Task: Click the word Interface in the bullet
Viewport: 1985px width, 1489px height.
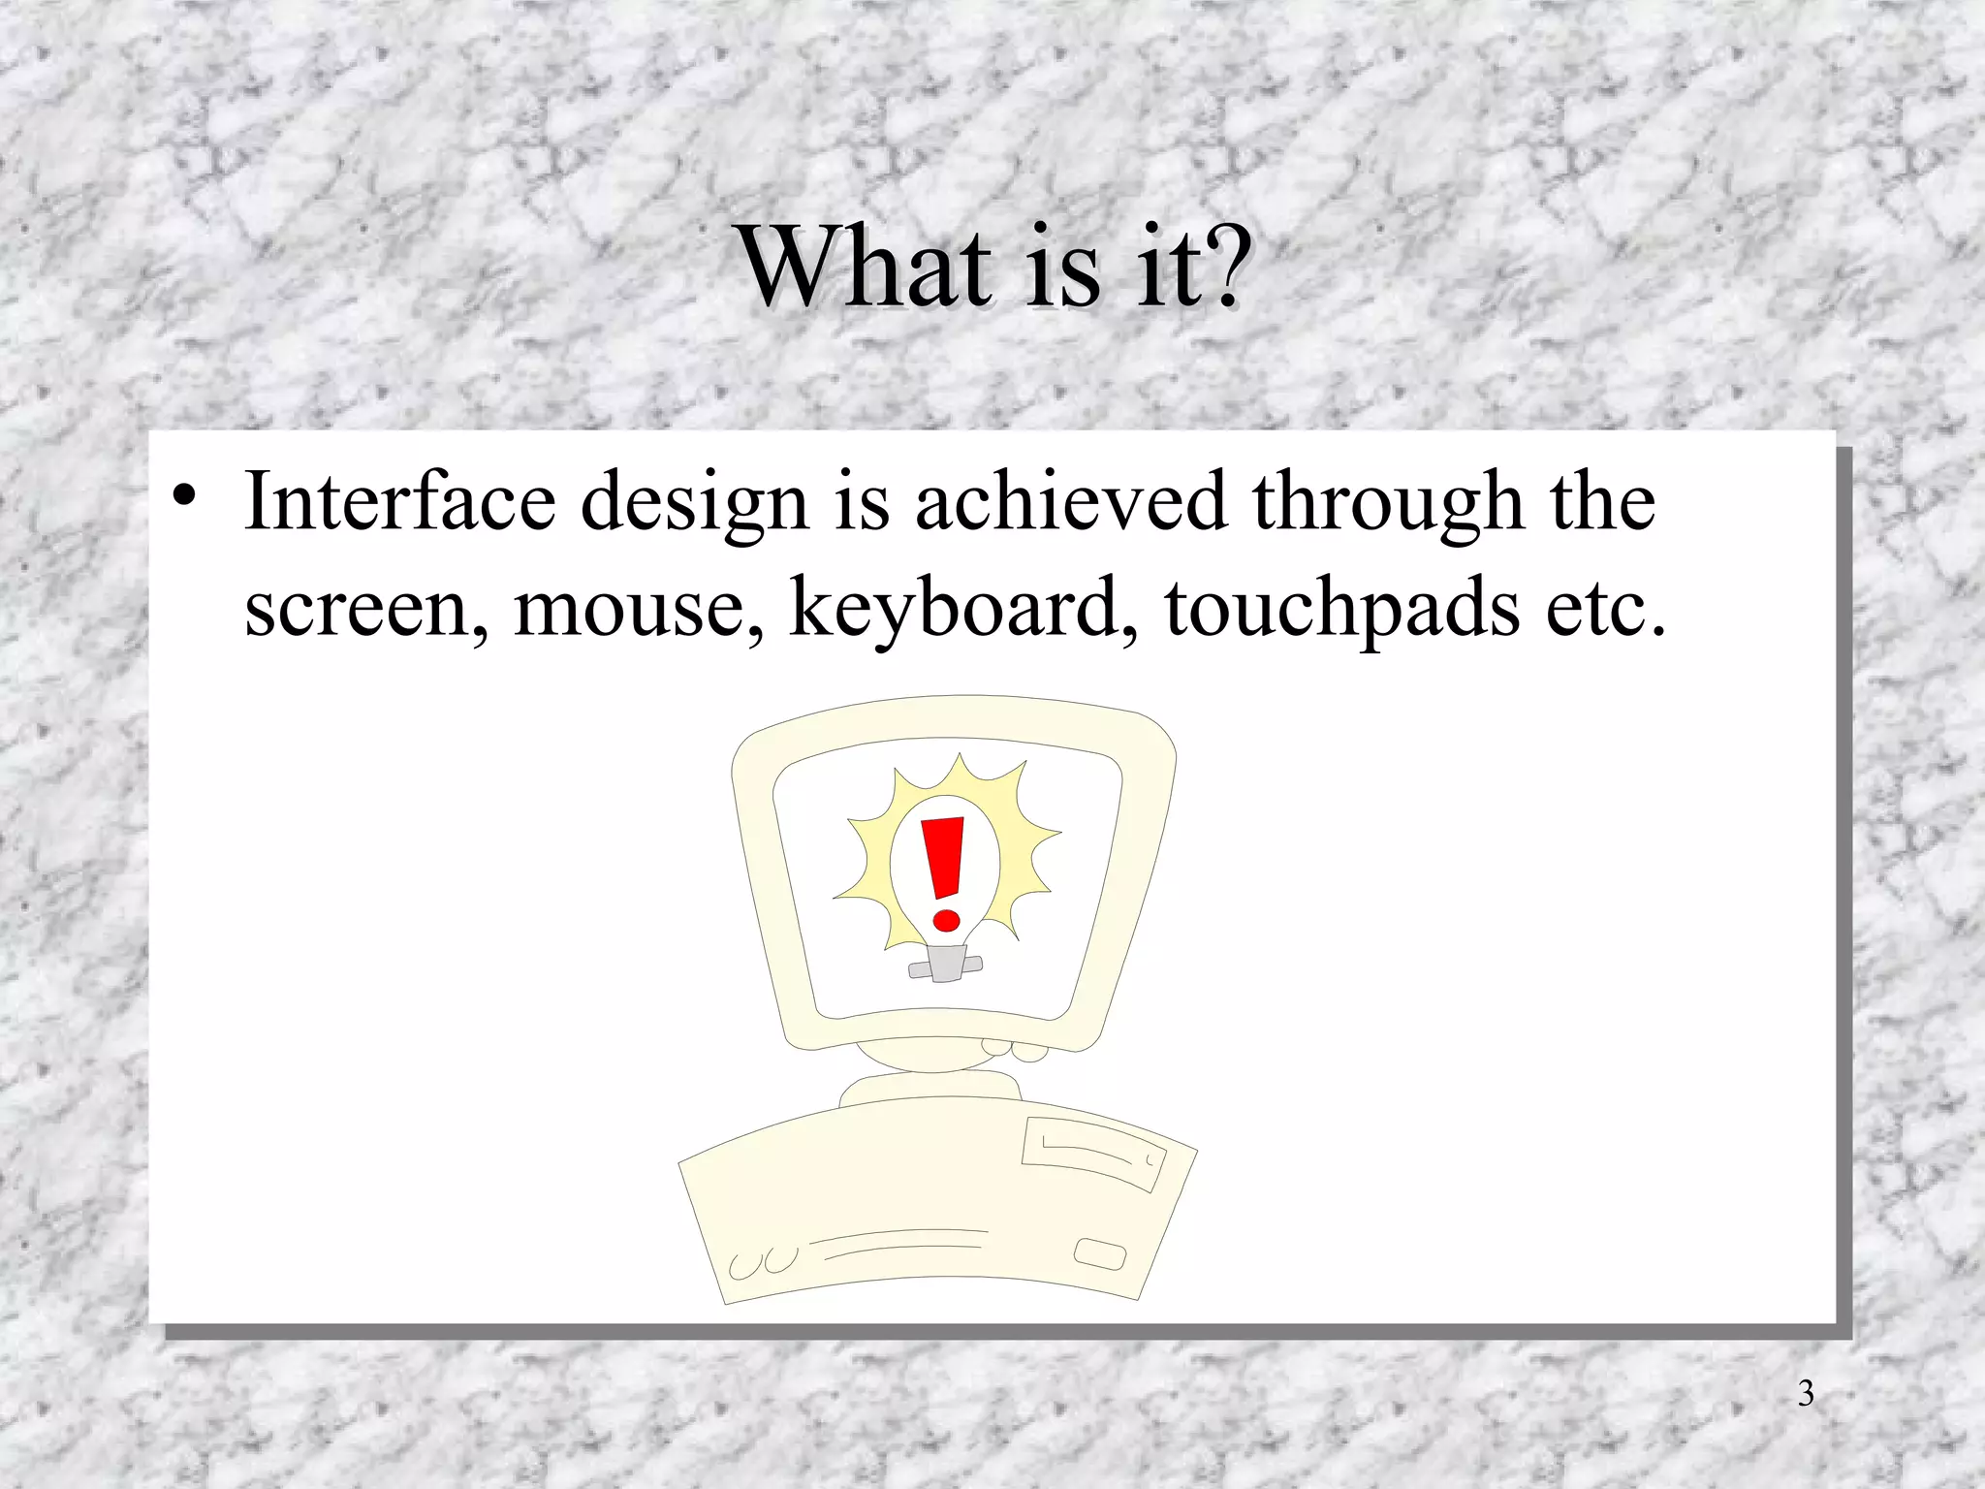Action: [x=400, y=501]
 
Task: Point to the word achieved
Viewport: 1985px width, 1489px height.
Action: [x=1071, y=501]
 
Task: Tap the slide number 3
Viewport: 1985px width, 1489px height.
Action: [x=1806, y=1393]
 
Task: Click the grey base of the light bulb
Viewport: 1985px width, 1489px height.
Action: [x=944, y=964]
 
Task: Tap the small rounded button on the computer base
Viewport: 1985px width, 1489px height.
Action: [x=1100, y=1253]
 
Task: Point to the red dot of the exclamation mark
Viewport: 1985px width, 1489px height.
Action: [x=946, y=919]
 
